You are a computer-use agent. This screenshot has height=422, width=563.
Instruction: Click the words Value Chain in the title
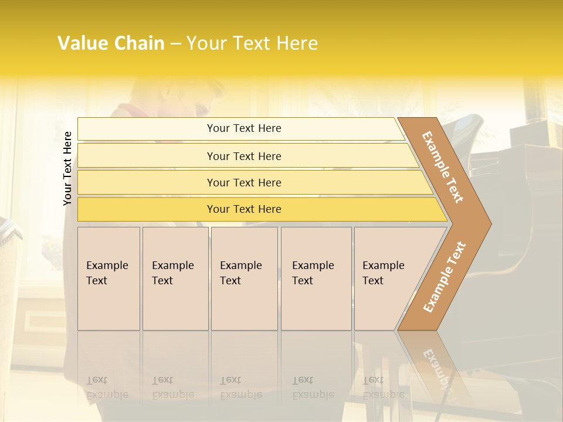click(x=111, y=43)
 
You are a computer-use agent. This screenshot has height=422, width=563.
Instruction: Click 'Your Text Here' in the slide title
click(x=252, y=43)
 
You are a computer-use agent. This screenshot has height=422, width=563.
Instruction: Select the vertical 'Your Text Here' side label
click(x=67, y=168)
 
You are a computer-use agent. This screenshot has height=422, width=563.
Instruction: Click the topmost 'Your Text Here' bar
click(x=244, y=128)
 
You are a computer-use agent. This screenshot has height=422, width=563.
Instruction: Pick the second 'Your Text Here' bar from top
click(x=244, y=156)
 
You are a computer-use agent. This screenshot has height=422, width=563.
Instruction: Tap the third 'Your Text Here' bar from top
click(x=244, y=183)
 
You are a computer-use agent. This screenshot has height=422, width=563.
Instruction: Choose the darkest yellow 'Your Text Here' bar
click(x=244, y=209)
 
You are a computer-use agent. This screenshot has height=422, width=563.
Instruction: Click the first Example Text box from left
click(x=108, y=278)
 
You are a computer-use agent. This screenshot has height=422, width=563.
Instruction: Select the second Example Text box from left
click(x=175, y=278)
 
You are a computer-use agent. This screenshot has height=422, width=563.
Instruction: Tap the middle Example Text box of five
click(x=244, y=278)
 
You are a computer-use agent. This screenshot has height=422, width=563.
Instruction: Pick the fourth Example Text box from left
click(x=316, y=278)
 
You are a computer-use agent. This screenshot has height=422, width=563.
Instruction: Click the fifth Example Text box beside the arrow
click(x=384, y=278)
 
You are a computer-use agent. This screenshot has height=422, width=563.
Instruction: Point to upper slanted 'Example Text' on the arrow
click(x=443, y=167)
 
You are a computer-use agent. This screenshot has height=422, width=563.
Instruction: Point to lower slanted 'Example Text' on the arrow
click(x=444, y=277)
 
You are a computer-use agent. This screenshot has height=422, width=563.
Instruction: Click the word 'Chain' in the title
click(x=140, y=43)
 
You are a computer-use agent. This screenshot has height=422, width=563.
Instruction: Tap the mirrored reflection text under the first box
click(x=107, y=387)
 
